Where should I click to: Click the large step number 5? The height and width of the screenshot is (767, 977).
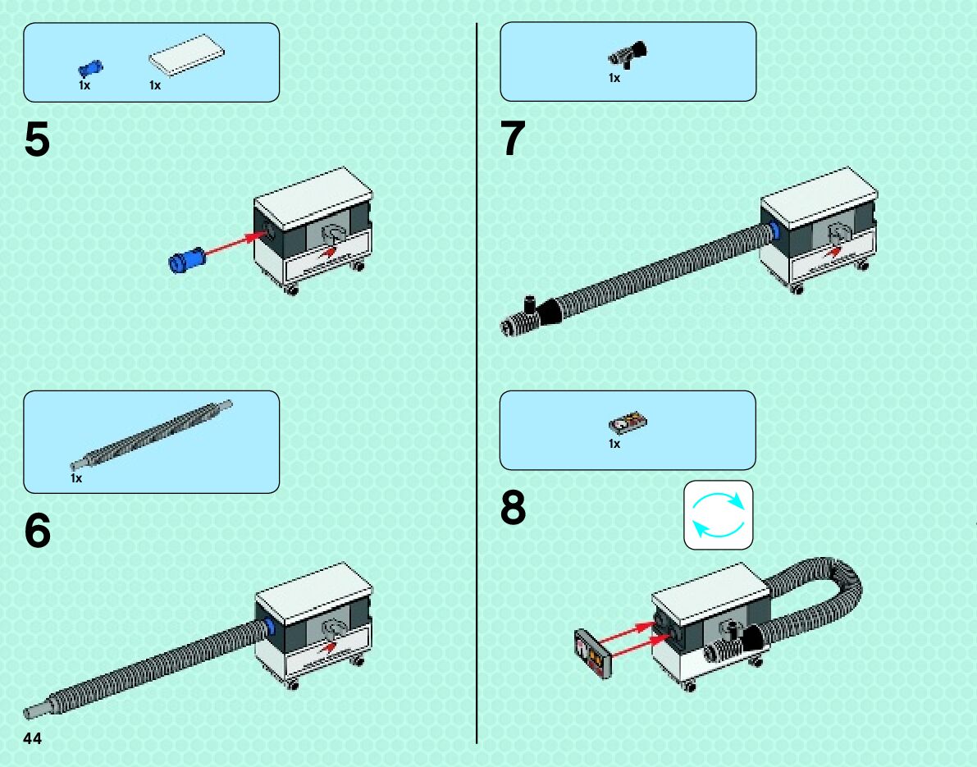point(37,139)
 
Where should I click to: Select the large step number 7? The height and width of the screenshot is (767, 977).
point(513,139)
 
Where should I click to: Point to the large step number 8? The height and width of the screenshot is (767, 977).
point(513,508)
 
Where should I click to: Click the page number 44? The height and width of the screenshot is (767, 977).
point(32,738)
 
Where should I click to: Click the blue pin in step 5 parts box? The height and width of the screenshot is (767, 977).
point(90,68)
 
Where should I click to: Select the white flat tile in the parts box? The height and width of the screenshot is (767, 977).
point(186,55)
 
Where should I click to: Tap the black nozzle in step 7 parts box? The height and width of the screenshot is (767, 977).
point(628,55)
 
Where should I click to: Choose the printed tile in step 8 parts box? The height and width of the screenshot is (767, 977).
point(628,423)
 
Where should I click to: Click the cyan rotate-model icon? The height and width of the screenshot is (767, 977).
point(719,514)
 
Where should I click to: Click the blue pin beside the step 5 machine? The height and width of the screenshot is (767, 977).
point(187,259)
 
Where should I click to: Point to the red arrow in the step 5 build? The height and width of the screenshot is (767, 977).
point(235,244)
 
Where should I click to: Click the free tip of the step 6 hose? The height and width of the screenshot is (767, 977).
point(29,712)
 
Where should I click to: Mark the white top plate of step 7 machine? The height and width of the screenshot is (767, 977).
point(819,198)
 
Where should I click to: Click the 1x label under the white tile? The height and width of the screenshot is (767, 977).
point(155,85)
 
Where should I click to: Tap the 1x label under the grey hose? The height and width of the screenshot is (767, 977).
point(76,478)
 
